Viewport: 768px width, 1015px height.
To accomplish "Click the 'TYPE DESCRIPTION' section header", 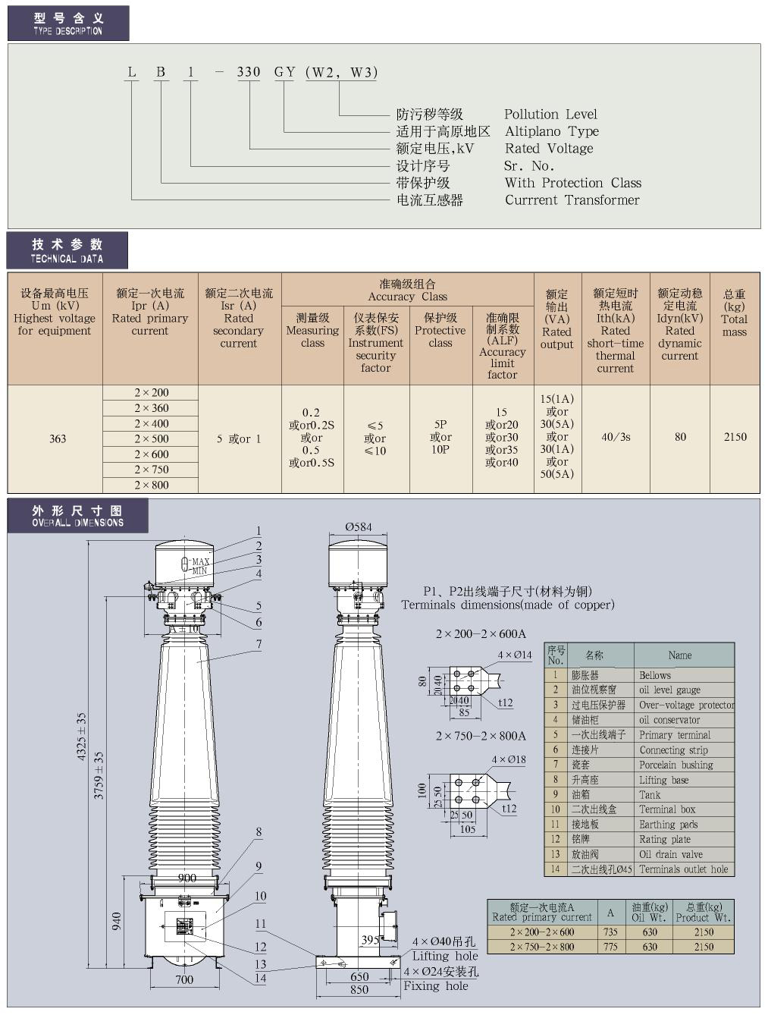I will [67, 24].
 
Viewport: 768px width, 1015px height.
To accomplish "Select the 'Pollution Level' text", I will [550, 115].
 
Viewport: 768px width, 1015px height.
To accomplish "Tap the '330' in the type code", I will [249, 72].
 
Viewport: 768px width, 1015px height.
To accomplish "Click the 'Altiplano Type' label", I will [551, 131].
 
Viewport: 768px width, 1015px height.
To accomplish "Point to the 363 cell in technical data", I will [58, 438].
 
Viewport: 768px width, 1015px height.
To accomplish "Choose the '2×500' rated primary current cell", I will [152, 438].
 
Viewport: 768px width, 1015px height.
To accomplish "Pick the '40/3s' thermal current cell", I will [616, 437].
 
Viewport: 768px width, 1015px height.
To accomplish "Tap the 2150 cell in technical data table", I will [735, 437].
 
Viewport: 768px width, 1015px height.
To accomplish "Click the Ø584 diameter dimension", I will [359, 526].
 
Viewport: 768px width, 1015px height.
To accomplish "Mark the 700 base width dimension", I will [184, 979].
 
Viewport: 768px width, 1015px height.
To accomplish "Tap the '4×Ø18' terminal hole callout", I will [509, 759].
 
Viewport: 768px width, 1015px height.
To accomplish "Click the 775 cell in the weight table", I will [610, 947].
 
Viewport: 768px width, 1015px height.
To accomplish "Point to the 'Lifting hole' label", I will [445, 956].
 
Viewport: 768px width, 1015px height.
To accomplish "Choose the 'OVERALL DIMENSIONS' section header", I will [77, 516].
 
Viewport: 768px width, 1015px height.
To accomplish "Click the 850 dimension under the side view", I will [359, 989].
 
